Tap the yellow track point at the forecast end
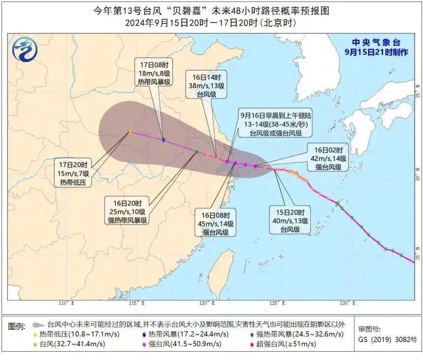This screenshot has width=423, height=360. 129,132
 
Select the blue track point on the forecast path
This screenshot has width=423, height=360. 163,140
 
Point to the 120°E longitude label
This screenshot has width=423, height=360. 209,303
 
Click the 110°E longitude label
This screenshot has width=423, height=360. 66,303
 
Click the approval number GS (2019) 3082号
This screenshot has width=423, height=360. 388,339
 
